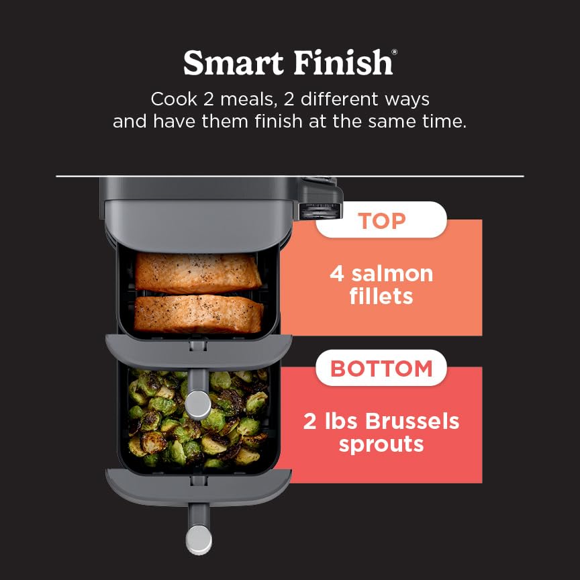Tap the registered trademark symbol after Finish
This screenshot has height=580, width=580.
tap(394, 52)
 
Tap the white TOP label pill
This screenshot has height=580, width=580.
tap(381, 220)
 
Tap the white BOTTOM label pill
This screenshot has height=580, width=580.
tap(381, 368)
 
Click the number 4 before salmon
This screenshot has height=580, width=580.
tap(337, 274)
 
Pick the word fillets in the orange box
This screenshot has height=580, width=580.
tap(381, 296)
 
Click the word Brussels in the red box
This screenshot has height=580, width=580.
tap(413, 422)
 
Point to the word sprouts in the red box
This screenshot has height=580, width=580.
tap(381, 444)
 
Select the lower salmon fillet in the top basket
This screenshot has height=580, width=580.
tap(199, 313)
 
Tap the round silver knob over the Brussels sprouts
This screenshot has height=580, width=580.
tap(198, 403)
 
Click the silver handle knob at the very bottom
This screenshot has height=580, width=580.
tap(198, 539)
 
